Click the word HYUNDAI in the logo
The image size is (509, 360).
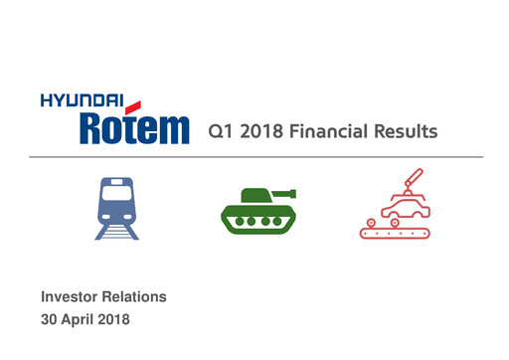coord(80,99)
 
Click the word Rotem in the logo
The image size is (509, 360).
coord(132,127)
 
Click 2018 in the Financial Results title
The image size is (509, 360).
coord(259,131)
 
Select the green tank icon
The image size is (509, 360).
coord(255,208)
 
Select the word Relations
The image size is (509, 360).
coord(135,297)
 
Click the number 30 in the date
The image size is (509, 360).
coord(50,320)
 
